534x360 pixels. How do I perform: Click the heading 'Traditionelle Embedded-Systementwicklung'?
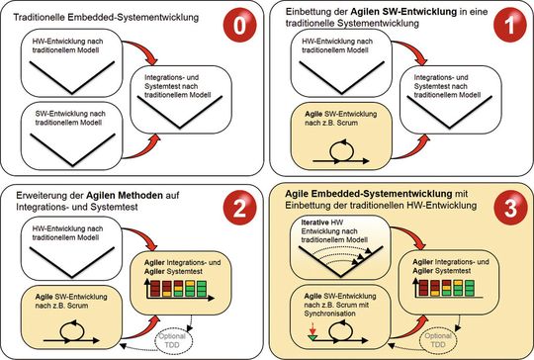click(98, 17)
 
